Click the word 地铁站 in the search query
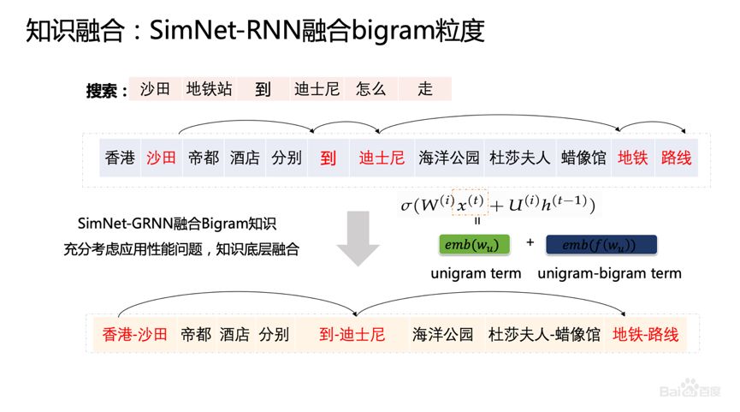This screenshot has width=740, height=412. (209, 89)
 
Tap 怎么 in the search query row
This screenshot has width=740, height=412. (371, 89)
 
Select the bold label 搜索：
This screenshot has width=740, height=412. (106, 91)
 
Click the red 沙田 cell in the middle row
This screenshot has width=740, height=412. (161, 158)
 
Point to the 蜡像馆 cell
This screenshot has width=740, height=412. (583, 158)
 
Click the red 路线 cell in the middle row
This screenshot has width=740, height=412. (675, 158)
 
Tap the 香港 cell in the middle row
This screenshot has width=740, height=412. (120, 158)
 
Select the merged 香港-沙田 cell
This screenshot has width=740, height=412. (133, 334)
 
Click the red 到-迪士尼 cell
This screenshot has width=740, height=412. (351, 334)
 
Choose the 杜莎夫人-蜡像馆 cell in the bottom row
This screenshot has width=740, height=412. (543, 334)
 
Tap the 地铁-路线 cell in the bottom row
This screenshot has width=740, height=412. (646, 334)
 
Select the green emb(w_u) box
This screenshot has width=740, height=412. (468, 245)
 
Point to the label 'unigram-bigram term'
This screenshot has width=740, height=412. (609, 274)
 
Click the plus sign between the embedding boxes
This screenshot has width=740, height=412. (530, 243)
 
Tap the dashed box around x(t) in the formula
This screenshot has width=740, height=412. (469, 204)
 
